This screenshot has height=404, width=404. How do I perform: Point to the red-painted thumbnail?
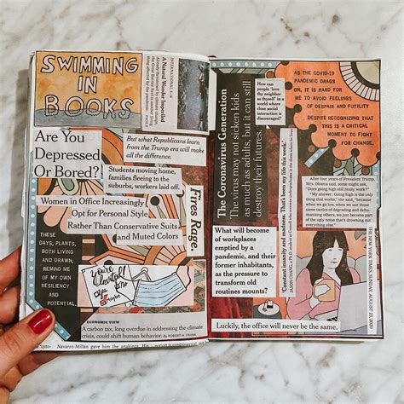pyautogui.click(x=40, y=322)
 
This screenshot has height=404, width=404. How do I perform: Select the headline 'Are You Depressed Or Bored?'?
pyautogui.click(x=67, y=151)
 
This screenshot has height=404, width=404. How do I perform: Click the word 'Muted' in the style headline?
pyautogui.click(x=140, y=235)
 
